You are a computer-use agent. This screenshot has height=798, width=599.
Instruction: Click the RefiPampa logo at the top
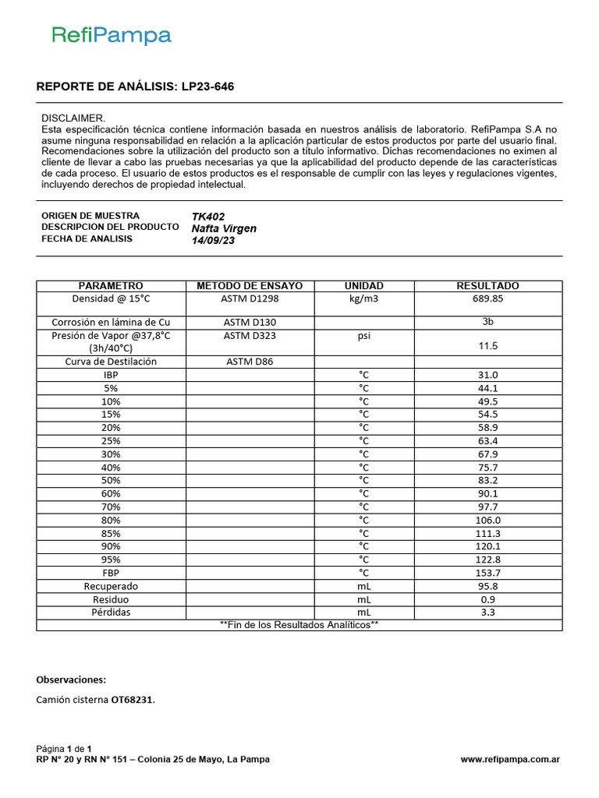112,35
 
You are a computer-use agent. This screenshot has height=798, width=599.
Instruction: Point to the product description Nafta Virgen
224,228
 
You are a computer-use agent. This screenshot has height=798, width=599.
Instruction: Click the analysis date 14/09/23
213,240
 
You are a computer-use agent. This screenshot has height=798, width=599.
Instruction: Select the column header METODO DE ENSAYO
250,286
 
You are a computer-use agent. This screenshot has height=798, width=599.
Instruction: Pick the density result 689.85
487,298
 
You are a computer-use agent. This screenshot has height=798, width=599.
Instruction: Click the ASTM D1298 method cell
250,298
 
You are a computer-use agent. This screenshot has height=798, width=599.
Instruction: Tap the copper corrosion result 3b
488,321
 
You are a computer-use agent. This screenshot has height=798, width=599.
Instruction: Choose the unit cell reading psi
363,336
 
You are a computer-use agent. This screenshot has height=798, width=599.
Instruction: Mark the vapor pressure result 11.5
488,345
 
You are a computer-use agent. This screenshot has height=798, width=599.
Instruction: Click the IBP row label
111,374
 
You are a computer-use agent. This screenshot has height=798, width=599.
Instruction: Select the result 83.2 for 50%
488,480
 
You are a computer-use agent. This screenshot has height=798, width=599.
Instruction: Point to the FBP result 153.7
488,573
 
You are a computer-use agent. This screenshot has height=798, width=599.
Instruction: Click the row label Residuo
111,599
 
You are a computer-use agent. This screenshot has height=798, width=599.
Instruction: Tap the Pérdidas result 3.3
488,613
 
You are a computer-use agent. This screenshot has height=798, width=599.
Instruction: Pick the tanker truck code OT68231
132,700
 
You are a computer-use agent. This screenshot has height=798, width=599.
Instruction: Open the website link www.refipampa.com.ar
510,760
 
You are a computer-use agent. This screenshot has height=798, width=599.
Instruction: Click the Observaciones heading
71,680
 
